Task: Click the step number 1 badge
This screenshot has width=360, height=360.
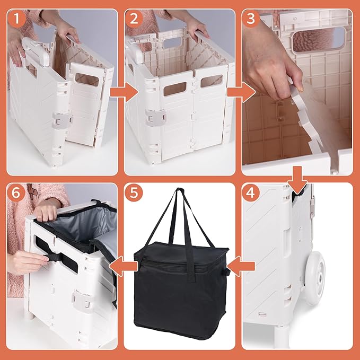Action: [x=16, y=19]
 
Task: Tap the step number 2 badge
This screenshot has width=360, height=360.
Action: [x=134, y=19]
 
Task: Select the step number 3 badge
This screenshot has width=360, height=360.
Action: [x=251, y=19]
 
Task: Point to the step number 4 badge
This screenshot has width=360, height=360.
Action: [x=251, y=192]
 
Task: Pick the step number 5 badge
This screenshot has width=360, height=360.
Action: [x=134, y=192]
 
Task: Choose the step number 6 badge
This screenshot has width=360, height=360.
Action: [x=16, y=192]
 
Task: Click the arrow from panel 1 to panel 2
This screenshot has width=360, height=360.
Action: [x=124, y=92]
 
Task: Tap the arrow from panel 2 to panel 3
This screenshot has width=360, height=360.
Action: [x=241, y=92]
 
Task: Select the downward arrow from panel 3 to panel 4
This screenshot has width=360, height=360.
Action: [x=297, y=180]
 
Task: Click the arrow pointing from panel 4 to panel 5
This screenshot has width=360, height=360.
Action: [x=241, y=266]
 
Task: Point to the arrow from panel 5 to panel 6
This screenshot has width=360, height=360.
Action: [x=124, y=266]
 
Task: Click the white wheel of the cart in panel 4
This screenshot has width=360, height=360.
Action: [x=315, y=278]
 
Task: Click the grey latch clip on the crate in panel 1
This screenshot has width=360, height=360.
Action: [x=62, y=120]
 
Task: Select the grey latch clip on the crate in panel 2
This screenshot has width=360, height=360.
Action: [x=155, y=118]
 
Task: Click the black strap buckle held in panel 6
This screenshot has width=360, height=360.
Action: [x=55, y=258]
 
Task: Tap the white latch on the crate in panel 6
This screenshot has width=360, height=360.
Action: [x=83, y=300]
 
